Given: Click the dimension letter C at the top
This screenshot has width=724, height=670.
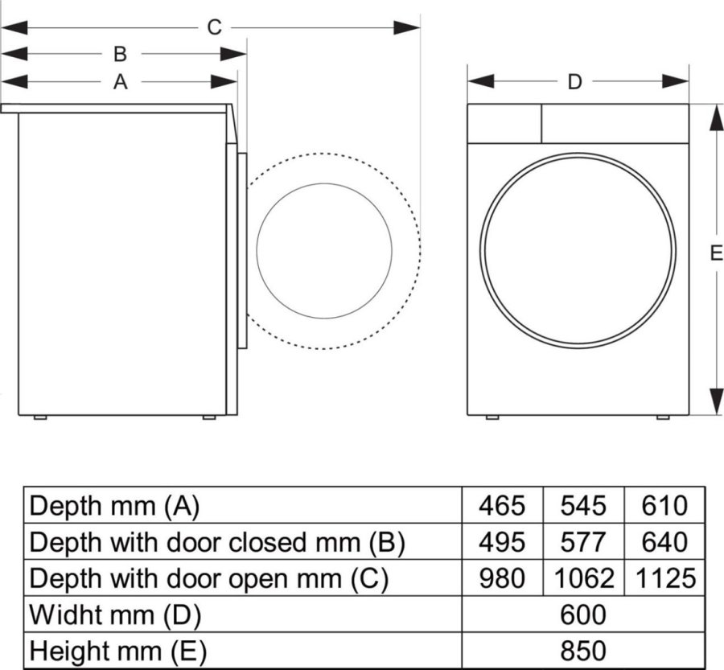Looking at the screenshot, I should tap(213, 27).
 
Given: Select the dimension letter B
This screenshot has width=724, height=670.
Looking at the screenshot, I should tap(120, 54).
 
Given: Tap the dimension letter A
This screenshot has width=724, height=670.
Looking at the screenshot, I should tap(120, 81).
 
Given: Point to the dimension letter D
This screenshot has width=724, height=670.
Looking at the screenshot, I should tap(574, 81).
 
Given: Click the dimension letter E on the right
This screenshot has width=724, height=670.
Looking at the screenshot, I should tap(716, 253).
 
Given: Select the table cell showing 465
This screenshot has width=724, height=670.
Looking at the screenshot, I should tap(502, 506).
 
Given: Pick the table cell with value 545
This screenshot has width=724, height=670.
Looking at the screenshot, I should tap(584, 506).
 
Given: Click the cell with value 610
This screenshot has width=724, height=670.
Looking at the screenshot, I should tap(664, 506).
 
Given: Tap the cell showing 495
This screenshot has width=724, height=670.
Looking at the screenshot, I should tap(502, 542).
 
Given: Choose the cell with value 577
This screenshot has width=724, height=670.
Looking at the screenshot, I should tap(584, 542).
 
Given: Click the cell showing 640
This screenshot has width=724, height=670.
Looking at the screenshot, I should tap(664, 542).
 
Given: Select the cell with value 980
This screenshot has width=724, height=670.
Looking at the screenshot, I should tap(502, 578).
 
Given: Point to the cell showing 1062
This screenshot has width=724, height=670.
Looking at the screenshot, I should tap(584, 578).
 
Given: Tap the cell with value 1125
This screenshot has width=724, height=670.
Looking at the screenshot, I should tap(664, 578).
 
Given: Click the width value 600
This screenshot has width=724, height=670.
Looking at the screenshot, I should tap(583, 615).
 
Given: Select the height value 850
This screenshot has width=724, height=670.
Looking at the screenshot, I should tap(583, 650).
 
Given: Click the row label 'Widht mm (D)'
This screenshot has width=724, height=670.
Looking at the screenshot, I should tap(115, 615).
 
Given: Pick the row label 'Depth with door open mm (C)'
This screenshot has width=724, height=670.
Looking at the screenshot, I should tap(208, 578).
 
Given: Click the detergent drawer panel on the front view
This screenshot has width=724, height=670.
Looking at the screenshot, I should tap(504, 123).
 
